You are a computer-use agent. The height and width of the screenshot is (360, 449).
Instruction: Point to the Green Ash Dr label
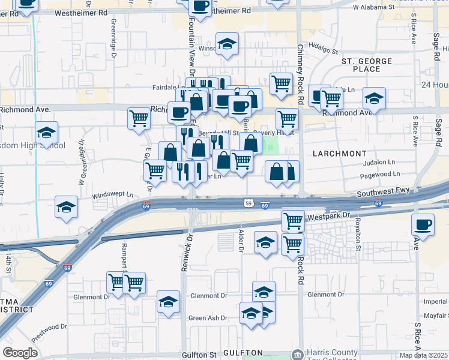208,318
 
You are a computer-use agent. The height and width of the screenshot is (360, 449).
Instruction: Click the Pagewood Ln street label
379,175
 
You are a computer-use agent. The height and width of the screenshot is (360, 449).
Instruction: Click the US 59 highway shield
248,204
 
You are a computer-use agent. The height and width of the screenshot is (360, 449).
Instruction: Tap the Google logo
20,353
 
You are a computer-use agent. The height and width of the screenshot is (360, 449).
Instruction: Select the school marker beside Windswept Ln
66,207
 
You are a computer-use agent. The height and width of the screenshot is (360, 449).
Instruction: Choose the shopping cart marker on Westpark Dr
293,220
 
